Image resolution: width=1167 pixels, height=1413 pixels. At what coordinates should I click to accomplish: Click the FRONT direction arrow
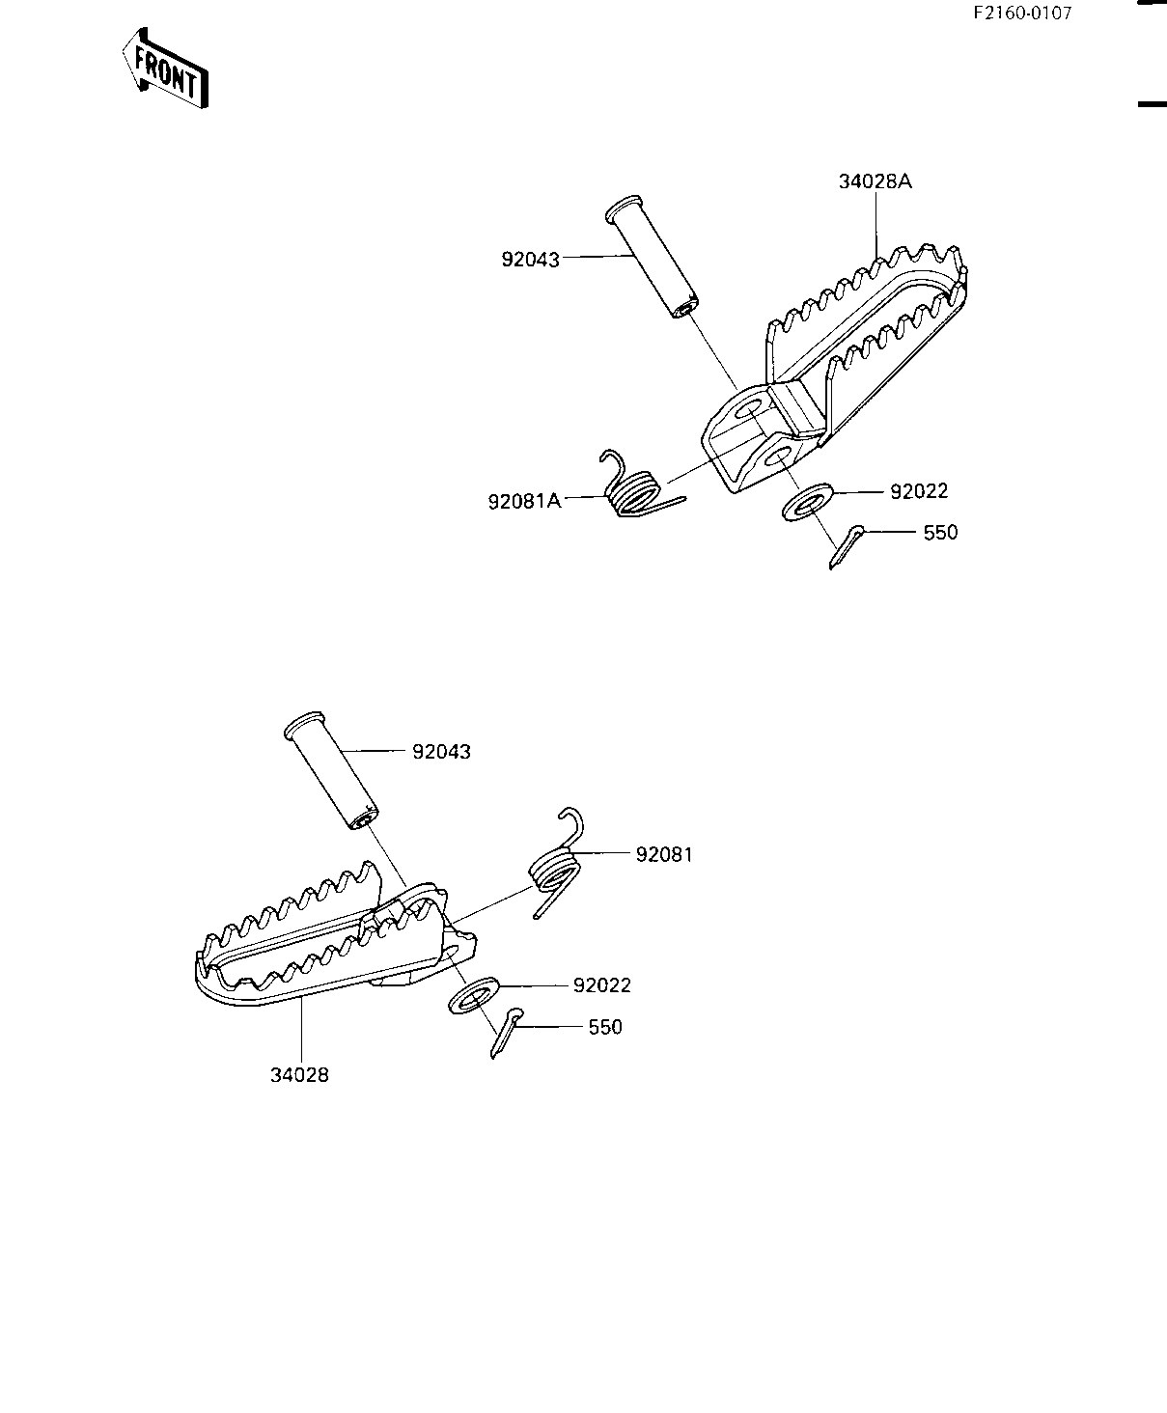(164, 69)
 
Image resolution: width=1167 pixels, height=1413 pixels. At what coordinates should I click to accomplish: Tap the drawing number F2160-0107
(1022, 14)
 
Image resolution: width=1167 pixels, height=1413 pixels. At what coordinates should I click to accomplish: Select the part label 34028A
(875, 181)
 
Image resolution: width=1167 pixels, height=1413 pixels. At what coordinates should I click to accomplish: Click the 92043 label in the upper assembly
(531, 260)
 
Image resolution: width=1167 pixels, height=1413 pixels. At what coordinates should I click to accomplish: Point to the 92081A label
(524, 502)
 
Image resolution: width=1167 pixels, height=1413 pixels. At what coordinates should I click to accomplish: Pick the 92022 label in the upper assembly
(919, 492)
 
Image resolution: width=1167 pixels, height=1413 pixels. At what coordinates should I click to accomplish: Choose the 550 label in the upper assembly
(941, 533)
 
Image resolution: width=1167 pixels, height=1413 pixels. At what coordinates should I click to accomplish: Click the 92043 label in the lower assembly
(441, 752)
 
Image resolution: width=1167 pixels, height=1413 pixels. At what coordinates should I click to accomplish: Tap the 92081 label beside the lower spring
(664, 855)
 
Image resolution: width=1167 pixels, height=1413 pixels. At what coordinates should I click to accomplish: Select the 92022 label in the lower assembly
(601, 985)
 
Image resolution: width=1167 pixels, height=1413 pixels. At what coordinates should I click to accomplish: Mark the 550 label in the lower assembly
(605, 1027)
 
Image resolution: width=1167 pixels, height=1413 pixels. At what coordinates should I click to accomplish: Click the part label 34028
(299, 1074)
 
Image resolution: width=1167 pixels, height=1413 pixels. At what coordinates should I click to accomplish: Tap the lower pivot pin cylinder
(331, 771)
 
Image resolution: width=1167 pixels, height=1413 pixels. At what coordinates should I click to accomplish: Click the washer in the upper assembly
(807, 503)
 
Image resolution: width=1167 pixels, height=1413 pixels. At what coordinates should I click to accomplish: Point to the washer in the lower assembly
(474, 995)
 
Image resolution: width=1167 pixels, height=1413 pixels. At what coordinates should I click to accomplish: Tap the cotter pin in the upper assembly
(847, 547)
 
